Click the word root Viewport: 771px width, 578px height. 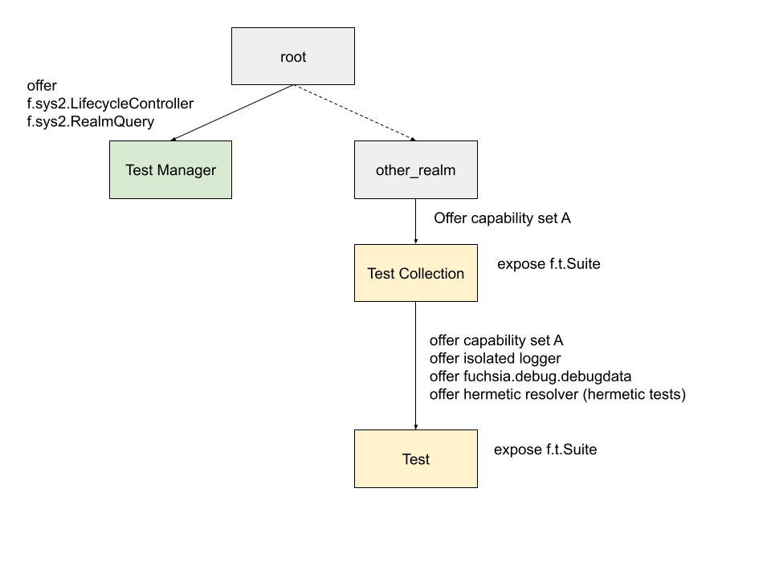point(293,57)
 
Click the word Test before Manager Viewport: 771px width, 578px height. point(139,170)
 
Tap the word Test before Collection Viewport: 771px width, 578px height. point(381,274)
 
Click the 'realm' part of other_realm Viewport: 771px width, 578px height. point(437,170)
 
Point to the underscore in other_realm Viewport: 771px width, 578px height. point(414,175)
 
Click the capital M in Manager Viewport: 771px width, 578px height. point(163,170)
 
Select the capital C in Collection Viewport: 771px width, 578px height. point(404,274)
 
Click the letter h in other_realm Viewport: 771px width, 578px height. point(392,170)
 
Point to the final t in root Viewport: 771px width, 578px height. point(304,57)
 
